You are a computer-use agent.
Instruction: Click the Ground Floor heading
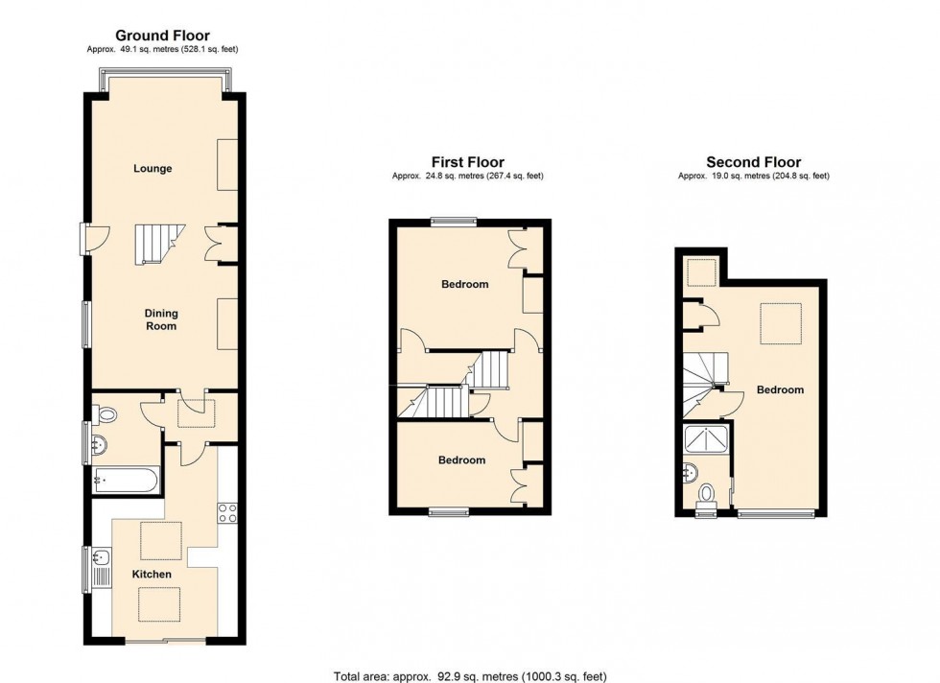163,35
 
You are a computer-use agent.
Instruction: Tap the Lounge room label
153,169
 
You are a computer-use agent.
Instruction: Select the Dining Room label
161,319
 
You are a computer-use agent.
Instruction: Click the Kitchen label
153,575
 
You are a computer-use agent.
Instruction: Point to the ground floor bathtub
128,481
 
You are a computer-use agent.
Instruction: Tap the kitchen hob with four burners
227,513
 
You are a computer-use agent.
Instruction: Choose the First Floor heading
467,162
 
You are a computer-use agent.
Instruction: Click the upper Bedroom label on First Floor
464,284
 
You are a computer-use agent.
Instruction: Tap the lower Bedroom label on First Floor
461,460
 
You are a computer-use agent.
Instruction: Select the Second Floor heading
753,162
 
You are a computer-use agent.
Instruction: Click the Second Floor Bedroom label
780,389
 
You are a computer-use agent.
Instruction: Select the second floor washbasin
692,472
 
